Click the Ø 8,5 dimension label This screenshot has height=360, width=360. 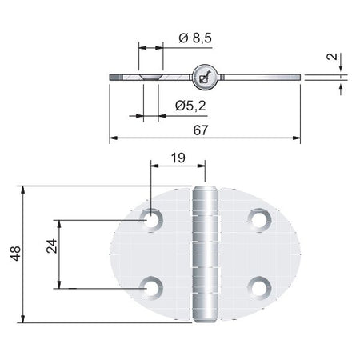pos(195,38)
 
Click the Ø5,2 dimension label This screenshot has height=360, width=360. pos(190,106)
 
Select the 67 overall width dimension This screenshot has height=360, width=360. pos(201,130)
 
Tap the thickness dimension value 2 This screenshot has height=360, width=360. pos(332,57)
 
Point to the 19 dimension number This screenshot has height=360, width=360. pos(178,158)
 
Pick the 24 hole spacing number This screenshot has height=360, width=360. pos(52,246)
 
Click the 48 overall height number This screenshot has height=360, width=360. pos(15,254)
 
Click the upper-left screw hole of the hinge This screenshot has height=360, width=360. pos(151,220)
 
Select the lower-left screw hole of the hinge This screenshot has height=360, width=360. pos(151,288)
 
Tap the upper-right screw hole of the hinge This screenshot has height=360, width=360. pos(259,220)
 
